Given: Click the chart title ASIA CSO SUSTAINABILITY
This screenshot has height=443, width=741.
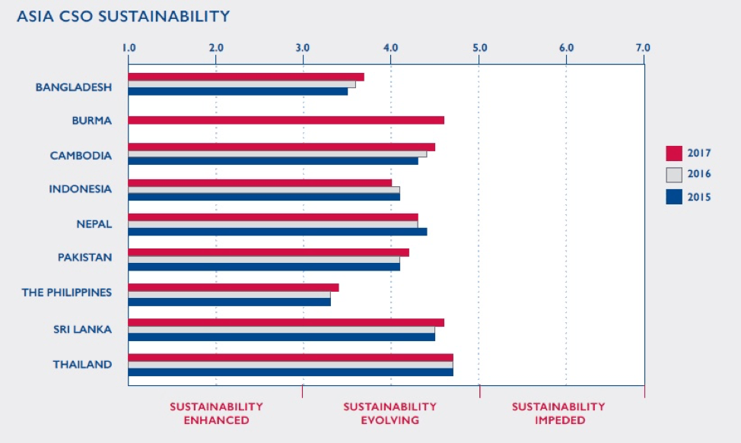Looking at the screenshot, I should [123, 16].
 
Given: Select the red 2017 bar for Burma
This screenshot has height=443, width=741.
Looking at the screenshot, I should [285, 120].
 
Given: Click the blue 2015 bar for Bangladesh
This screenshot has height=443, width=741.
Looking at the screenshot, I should [237, 91].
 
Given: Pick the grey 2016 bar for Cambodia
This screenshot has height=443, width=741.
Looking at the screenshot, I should [277, 154].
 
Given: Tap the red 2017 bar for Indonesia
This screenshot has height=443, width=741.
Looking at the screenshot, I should [259, 182].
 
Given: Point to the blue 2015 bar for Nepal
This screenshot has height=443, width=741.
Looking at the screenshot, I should [277, 231].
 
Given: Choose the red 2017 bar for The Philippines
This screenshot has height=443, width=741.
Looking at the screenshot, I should [233, 287].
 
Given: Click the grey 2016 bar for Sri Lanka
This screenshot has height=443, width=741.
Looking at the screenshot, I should [281, 330].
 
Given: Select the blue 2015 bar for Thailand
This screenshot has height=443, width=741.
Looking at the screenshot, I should [290, 372].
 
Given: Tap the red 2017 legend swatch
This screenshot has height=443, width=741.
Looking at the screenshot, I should [674, 153].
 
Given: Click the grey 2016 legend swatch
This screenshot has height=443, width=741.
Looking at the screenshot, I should [674, 175].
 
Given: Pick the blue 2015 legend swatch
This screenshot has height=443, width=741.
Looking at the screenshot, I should [674, 197].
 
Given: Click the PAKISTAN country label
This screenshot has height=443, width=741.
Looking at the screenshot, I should [84, 258].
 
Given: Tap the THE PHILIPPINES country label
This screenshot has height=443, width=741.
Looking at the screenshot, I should [67, 293].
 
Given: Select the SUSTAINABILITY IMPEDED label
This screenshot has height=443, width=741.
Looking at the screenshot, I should [558, 413].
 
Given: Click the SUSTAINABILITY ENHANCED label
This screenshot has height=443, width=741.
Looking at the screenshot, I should [216, 413].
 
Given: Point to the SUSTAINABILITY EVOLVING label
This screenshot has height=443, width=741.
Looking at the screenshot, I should [390, 413].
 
